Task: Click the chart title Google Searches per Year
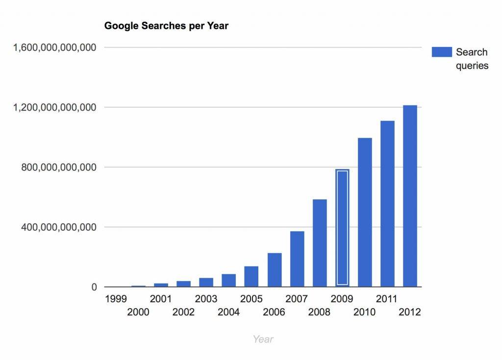pyautogui.click(x=166, y=26)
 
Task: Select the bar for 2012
pyautogui.click(x=410, y=196)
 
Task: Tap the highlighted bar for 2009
pyautogui.click(x=342, y=228)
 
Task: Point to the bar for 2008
pyautogui.click(x=320, y=243)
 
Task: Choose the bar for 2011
pyautogui.click(x=387, y=203)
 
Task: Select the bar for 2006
pyautogui.click(x=275, y=270)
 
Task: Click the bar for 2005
pyautogui.click(x=251, y=276)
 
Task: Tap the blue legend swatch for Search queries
pyautogui.click(x=442, y=52)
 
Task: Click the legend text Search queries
pyautogui.click(x=472, y=59)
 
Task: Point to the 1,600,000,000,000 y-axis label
pyautogui.click(x=55, y=48)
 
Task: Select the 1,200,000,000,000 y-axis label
pyautogui.click(x=55, y=107)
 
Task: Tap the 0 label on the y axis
pyautogui.click(x=94, y=288)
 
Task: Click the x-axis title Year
pyautogui.click(x=263, y=339)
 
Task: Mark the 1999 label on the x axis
pyautogui.click(x=116, y=299)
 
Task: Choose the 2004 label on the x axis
pyautogui.click(x=228, y=312)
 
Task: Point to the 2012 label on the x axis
pyautogui.click(x=410, y=312)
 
